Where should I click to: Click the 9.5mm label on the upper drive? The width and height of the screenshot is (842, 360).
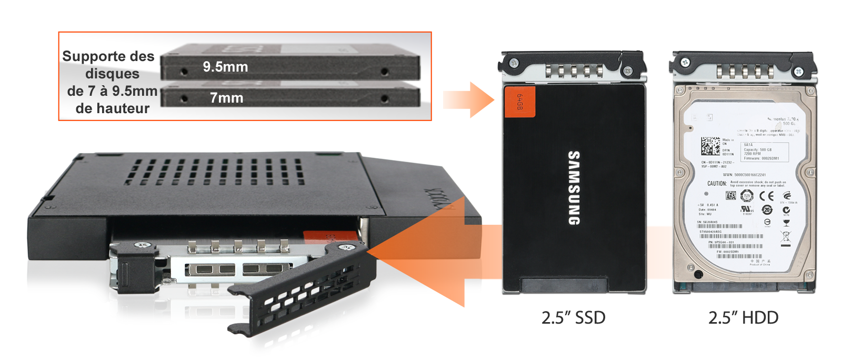point(225,67)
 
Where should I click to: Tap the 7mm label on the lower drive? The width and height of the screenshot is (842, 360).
point(226,98)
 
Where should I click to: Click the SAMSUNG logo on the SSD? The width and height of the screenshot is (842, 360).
point(574,188)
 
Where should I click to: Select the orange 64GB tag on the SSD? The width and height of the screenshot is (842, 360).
point(519,102)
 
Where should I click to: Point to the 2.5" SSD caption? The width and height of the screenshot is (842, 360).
point(573,318)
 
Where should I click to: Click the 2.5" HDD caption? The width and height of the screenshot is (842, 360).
point(743,318)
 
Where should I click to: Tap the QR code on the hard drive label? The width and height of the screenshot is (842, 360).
point(710,146)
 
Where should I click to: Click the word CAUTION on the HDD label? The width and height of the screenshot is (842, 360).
point(717,184)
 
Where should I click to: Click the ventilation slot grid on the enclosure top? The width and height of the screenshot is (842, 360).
point(216,172)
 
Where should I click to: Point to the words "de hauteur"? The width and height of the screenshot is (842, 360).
point(112,108)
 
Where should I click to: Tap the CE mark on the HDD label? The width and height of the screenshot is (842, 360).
point(766,196)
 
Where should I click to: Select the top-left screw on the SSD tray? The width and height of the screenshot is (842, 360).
point(514,63)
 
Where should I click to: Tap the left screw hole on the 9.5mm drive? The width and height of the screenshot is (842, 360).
point(184,71)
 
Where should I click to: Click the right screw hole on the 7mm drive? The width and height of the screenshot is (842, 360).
point(385,98)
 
